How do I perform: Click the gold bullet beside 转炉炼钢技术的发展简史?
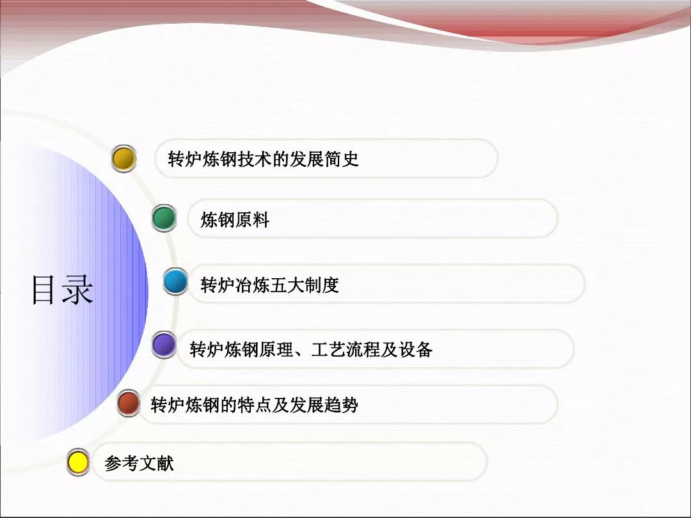(x=123, y=159)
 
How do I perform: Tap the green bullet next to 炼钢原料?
(x=164, y=219)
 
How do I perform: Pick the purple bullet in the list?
(x=164, y=346)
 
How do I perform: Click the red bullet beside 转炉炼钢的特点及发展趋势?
(x=129, y=403)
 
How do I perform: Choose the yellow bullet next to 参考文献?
(x=78, y=462)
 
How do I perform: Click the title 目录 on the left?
(x=62, y=290)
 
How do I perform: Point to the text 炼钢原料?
(x=235, y=221)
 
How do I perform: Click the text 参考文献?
(x=139, y=464)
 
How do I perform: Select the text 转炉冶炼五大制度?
(x=269, y=285)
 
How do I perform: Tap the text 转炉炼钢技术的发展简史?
(x=263, y=159)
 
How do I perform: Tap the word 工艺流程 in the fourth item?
(x=345, y=349)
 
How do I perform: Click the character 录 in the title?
(x=78, y=290)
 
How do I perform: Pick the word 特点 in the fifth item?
(x=255, y=405)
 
